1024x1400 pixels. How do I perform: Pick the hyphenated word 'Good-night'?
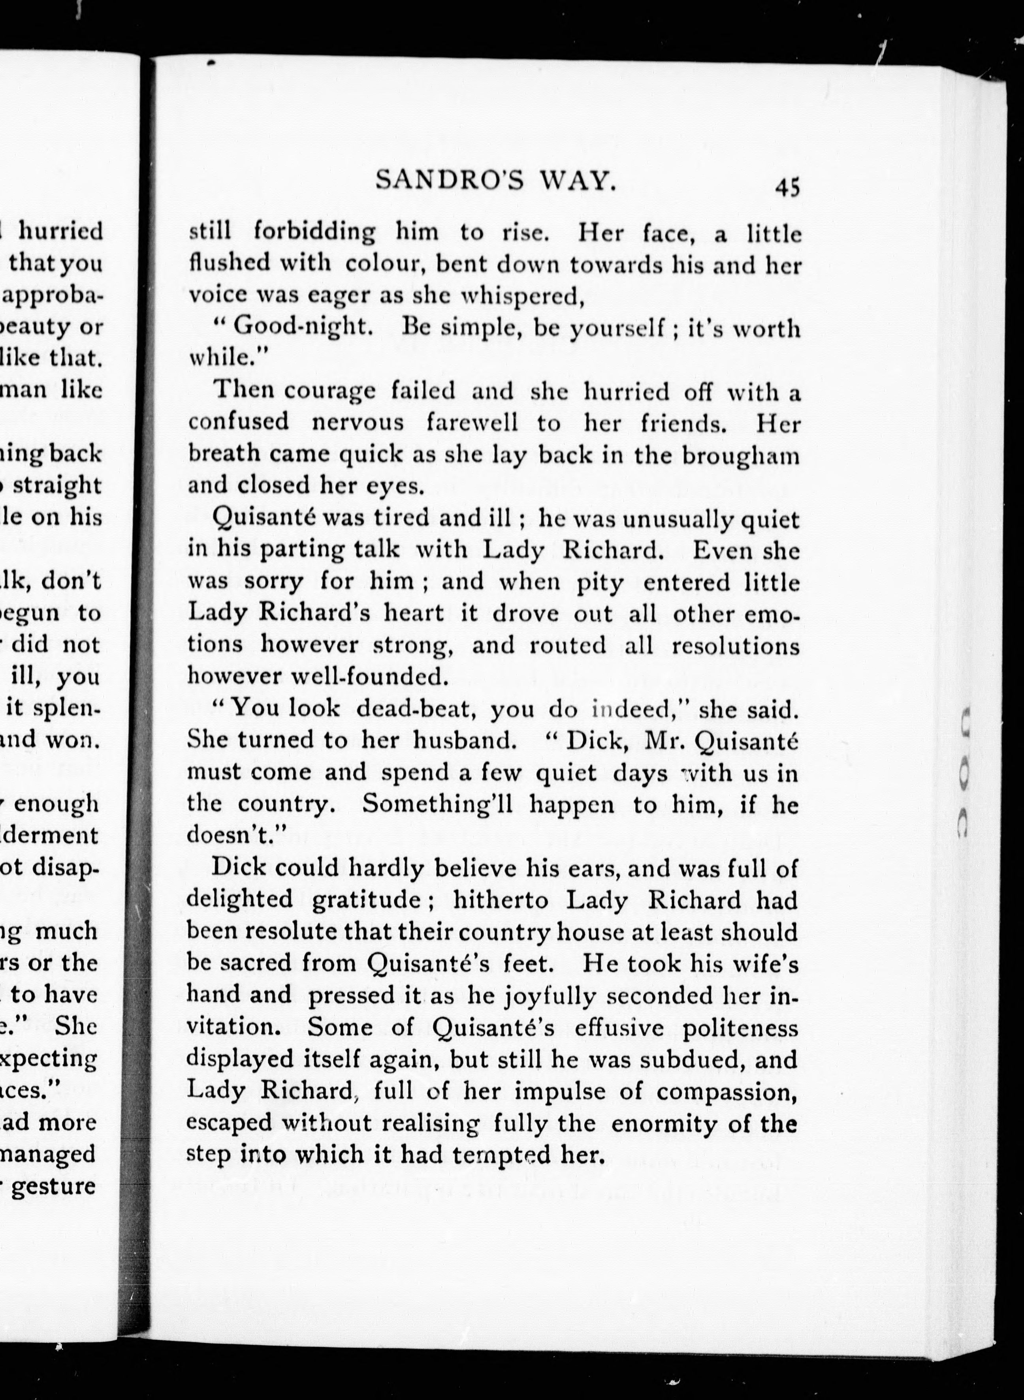point(303,328)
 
